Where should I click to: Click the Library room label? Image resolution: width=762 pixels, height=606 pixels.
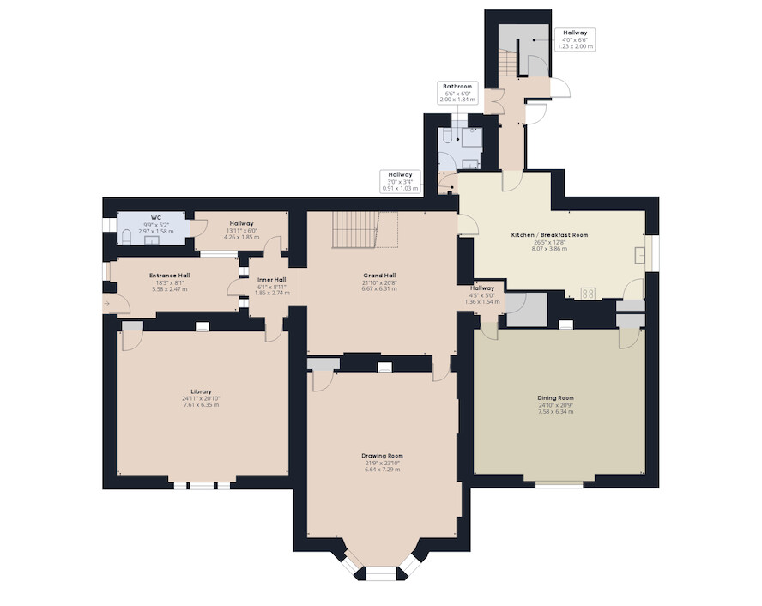pyautogui.click(x=201, y=391)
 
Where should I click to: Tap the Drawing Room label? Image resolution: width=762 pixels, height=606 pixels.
pyautogui.click(x=383, y=456)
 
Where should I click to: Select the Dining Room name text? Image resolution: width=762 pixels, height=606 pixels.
pyautogui.click(x=556, y=398)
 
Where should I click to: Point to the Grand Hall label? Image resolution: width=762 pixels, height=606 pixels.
pyautogui.click(x=379, y=275)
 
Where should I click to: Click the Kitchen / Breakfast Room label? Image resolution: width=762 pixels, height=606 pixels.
pyautogui.click(x=550, y=234)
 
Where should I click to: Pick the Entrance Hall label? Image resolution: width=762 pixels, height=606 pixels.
pyautogui.click(x=170, y=276)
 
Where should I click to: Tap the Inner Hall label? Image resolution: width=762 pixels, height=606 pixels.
pyautogui.click(x=272, y=280)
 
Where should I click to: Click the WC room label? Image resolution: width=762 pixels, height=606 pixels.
pyautogui.click(x=156, y=218)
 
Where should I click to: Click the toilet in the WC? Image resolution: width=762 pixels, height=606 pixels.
pyautogui.click(x=126, y=237)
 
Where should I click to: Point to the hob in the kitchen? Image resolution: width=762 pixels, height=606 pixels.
pyautogui.click(x=588, y=293)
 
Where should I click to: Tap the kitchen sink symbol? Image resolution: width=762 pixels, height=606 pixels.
pyautogui.click(x=640, y=255)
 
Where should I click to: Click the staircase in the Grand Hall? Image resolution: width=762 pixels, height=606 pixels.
pyautogui.click(x=365, y=229)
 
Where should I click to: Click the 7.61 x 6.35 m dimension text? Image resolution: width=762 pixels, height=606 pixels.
pyautogui.click(x=201, y=405)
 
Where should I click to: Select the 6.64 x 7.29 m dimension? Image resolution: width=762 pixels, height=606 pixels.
pyautogui.click(x=383, y=470)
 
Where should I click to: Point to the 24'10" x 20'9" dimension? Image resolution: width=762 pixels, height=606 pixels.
pyautogui.click(x=556, y=405)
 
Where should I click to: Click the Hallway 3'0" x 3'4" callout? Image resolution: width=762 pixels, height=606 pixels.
pyautogui.click(x=401, y=181)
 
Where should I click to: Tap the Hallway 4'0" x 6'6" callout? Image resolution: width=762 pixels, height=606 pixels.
pyautogui.click(x=576, y=39)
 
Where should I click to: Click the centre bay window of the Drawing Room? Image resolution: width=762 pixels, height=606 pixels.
pyautogui.click(x=381, y=573)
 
